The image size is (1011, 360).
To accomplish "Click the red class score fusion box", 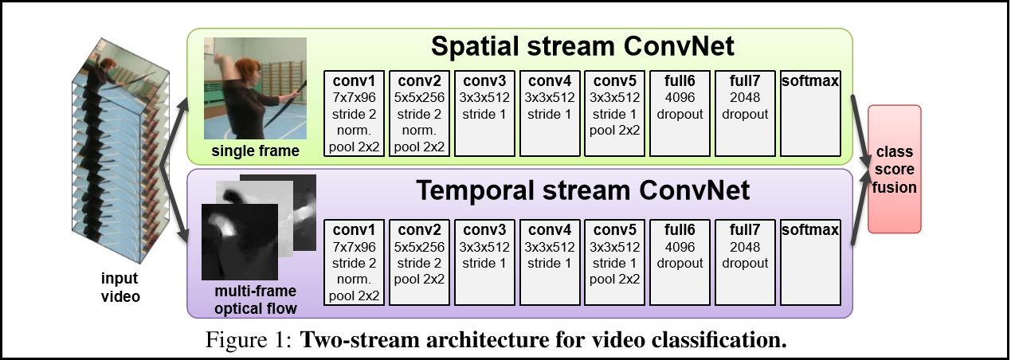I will pyautogui.click(x=894, y=169).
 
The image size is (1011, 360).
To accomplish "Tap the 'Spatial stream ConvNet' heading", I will pyautogui.click(x=582, y=46).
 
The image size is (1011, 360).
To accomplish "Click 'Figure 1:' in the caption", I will pyautogui.click(x=250, y=340).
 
